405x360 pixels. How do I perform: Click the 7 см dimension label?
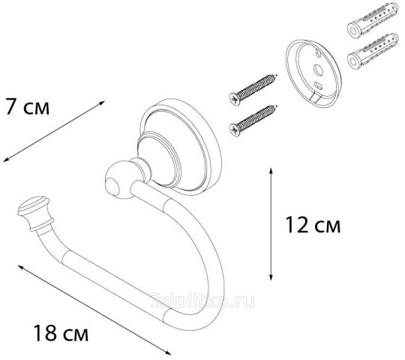click(27, 106)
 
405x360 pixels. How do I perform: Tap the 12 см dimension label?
click(313, 225)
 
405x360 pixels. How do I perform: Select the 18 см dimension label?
click(61, 333)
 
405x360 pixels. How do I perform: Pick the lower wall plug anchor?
click(373, 51)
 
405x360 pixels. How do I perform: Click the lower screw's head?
click(235, 130)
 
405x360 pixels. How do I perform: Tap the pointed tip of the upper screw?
click(277, 76)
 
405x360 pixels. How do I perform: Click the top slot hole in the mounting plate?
click(318, 53)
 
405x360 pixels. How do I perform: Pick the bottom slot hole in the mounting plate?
click(317, 85)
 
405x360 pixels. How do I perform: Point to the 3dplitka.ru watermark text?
click(202, 301)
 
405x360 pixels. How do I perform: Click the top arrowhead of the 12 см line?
click(271, 171)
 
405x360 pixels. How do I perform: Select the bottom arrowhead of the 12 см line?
click(271, 277)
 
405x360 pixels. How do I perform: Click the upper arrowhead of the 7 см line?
click(103, 103)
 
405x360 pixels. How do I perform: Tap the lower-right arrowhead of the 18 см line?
click(168, 353)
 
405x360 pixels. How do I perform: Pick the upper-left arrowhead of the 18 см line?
click(21, 267)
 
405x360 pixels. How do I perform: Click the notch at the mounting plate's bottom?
click(316, 100)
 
